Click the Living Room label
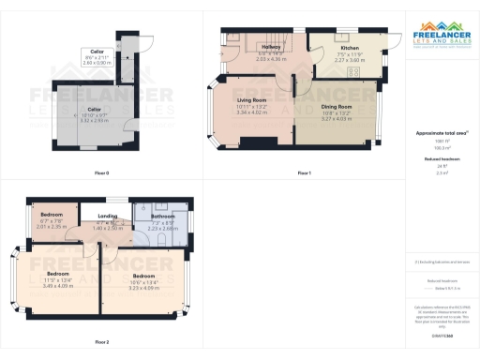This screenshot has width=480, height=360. (251, 99)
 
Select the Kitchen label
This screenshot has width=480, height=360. (350, 47)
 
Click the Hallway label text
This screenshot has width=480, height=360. (270, 48)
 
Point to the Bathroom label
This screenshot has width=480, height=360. (163, 217)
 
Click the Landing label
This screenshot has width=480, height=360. (109, 217)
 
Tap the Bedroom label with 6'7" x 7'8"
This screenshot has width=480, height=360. (51, 215)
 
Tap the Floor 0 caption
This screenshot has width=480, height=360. (102, 173)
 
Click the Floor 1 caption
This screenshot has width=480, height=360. (304, 173)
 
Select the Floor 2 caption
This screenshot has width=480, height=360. (102, 341)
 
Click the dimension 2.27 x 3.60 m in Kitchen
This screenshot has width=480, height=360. (350, 60)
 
